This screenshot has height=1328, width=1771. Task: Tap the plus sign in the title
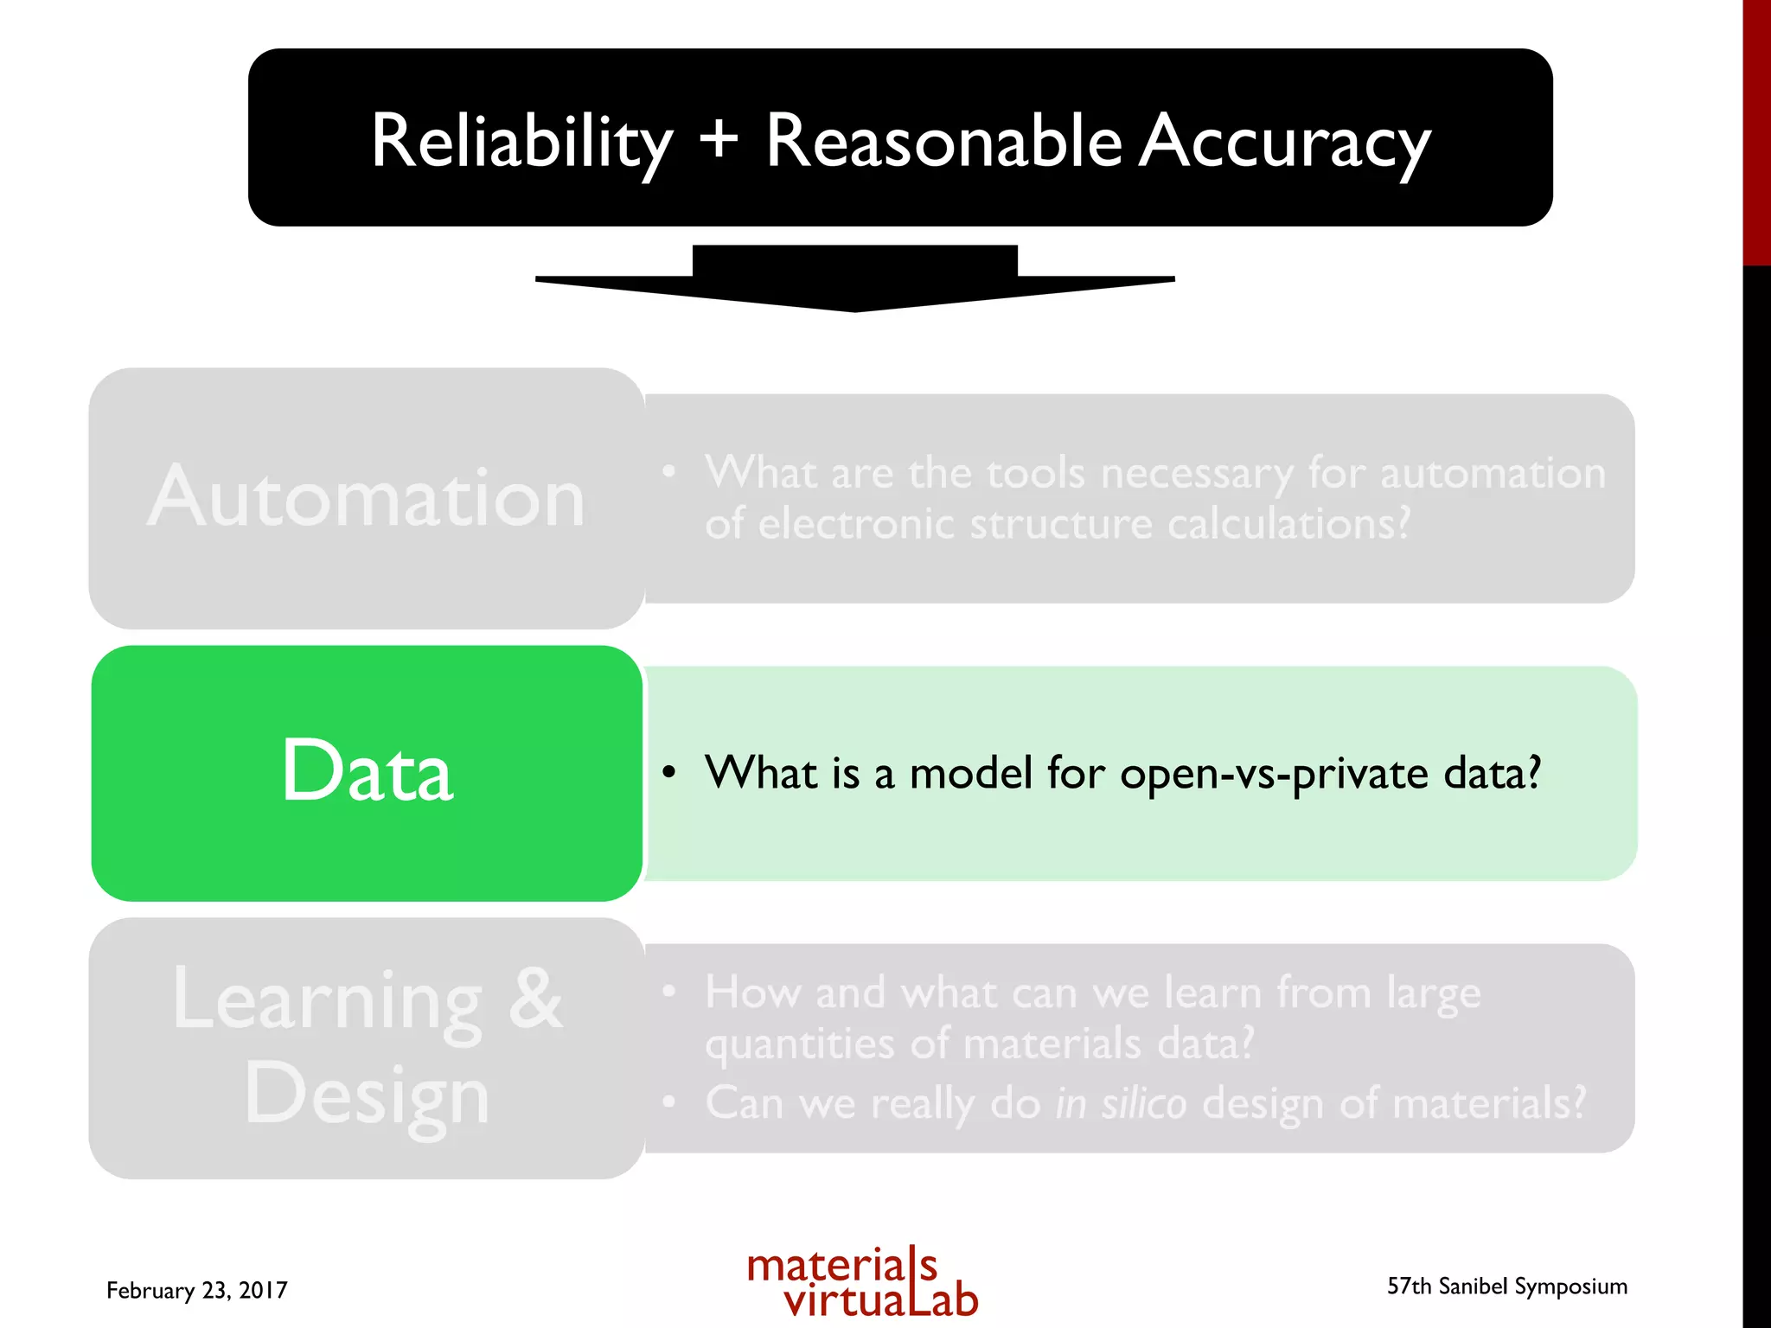click(719, 138)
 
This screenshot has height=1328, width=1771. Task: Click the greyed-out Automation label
click(367, 498)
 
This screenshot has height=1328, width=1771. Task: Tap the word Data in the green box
click(367, 771)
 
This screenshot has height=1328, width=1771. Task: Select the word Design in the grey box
click(367, 1095)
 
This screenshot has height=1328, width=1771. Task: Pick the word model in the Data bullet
click(971, 773)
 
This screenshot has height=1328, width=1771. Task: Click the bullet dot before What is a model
click(668, 771)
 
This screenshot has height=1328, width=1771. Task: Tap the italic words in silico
click(1121, 1104)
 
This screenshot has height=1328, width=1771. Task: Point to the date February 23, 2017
click(197, 1290)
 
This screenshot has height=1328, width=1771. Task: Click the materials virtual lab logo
click(862, 1282)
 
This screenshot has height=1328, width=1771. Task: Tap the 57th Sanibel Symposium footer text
click(1506, 1286)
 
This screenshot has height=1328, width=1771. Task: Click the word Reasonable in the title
click(943, 141)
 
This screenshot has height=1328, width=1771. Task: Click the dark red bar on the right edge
click(1756, 130)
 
